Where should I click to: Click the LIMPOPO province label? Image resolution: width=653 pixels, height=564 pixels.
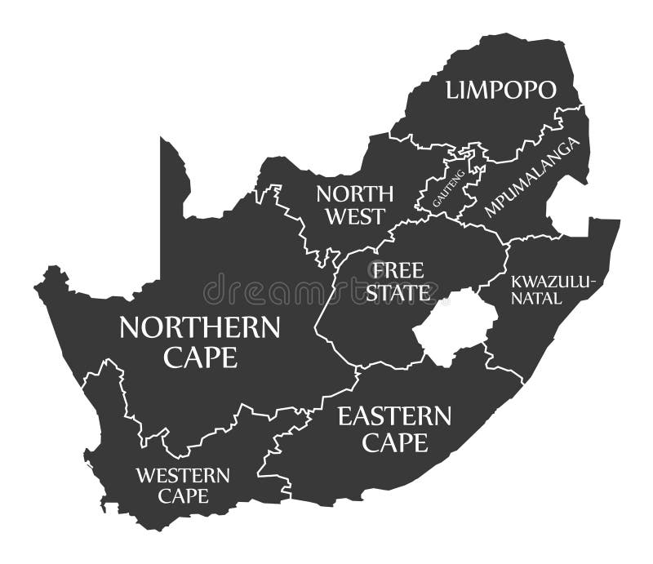pyautogui.click(x=500, y=90)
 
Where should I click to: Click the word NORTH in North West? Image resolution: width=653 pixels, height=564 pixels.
pyautogui.click(x=355, y=193)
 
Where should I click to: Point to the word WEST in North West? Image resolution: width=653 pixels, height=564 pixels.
pyautogui.click(x=355, y=216)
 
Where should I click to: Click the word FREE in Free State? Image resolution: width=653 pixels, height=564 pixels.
pyautogui.click(x=399, y=270)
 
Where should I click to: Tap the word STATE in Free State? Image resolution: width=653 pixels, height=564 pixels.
pyautogui.click(x=399, y=292)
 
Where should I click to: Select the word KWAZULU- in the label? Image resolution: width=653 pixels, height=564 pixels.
pyautogui.click(x=554, y=282)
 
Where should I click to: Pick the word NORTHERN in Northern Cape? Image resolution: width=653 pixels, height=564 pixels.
pyautogui.click(x=199, y=328)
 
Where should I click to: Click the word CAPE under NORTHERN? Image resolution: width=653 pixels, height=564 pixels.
pyautogui.click(x=200, y=357)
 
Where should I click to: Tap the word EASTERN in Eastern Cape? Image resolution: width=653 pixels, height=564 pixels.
pyautogui.click(x=394, y=417)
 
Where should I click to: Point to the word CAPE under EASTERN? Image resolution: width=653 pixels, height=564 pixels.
pyautogui.click(x=394, y=442)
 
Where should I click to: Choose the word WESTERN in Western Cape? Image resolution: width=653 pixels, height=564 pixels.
pyautogui.click(x=183, y=474)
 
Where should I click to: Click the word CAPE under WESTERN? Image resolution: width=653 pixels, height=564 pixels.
pyautogui.click(x=183, y=495)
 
